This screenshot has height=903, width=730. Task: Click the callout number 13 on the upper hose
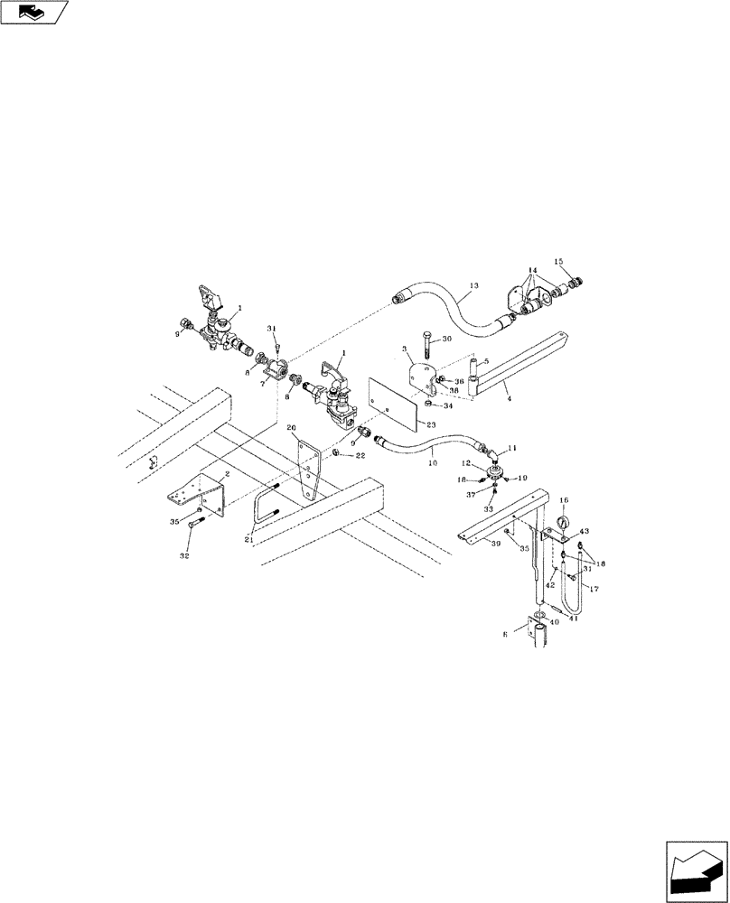pos(475,291)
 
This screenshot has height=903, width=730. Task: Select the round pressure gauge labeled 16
pos(563,521)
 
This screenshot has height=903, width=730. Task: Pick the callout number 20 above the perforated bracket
pos(291,427)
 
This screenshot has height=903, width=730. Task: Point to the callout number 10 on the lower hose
pos(431,463)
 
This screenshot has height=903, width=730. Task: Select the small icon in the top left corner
pos(34,12)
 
